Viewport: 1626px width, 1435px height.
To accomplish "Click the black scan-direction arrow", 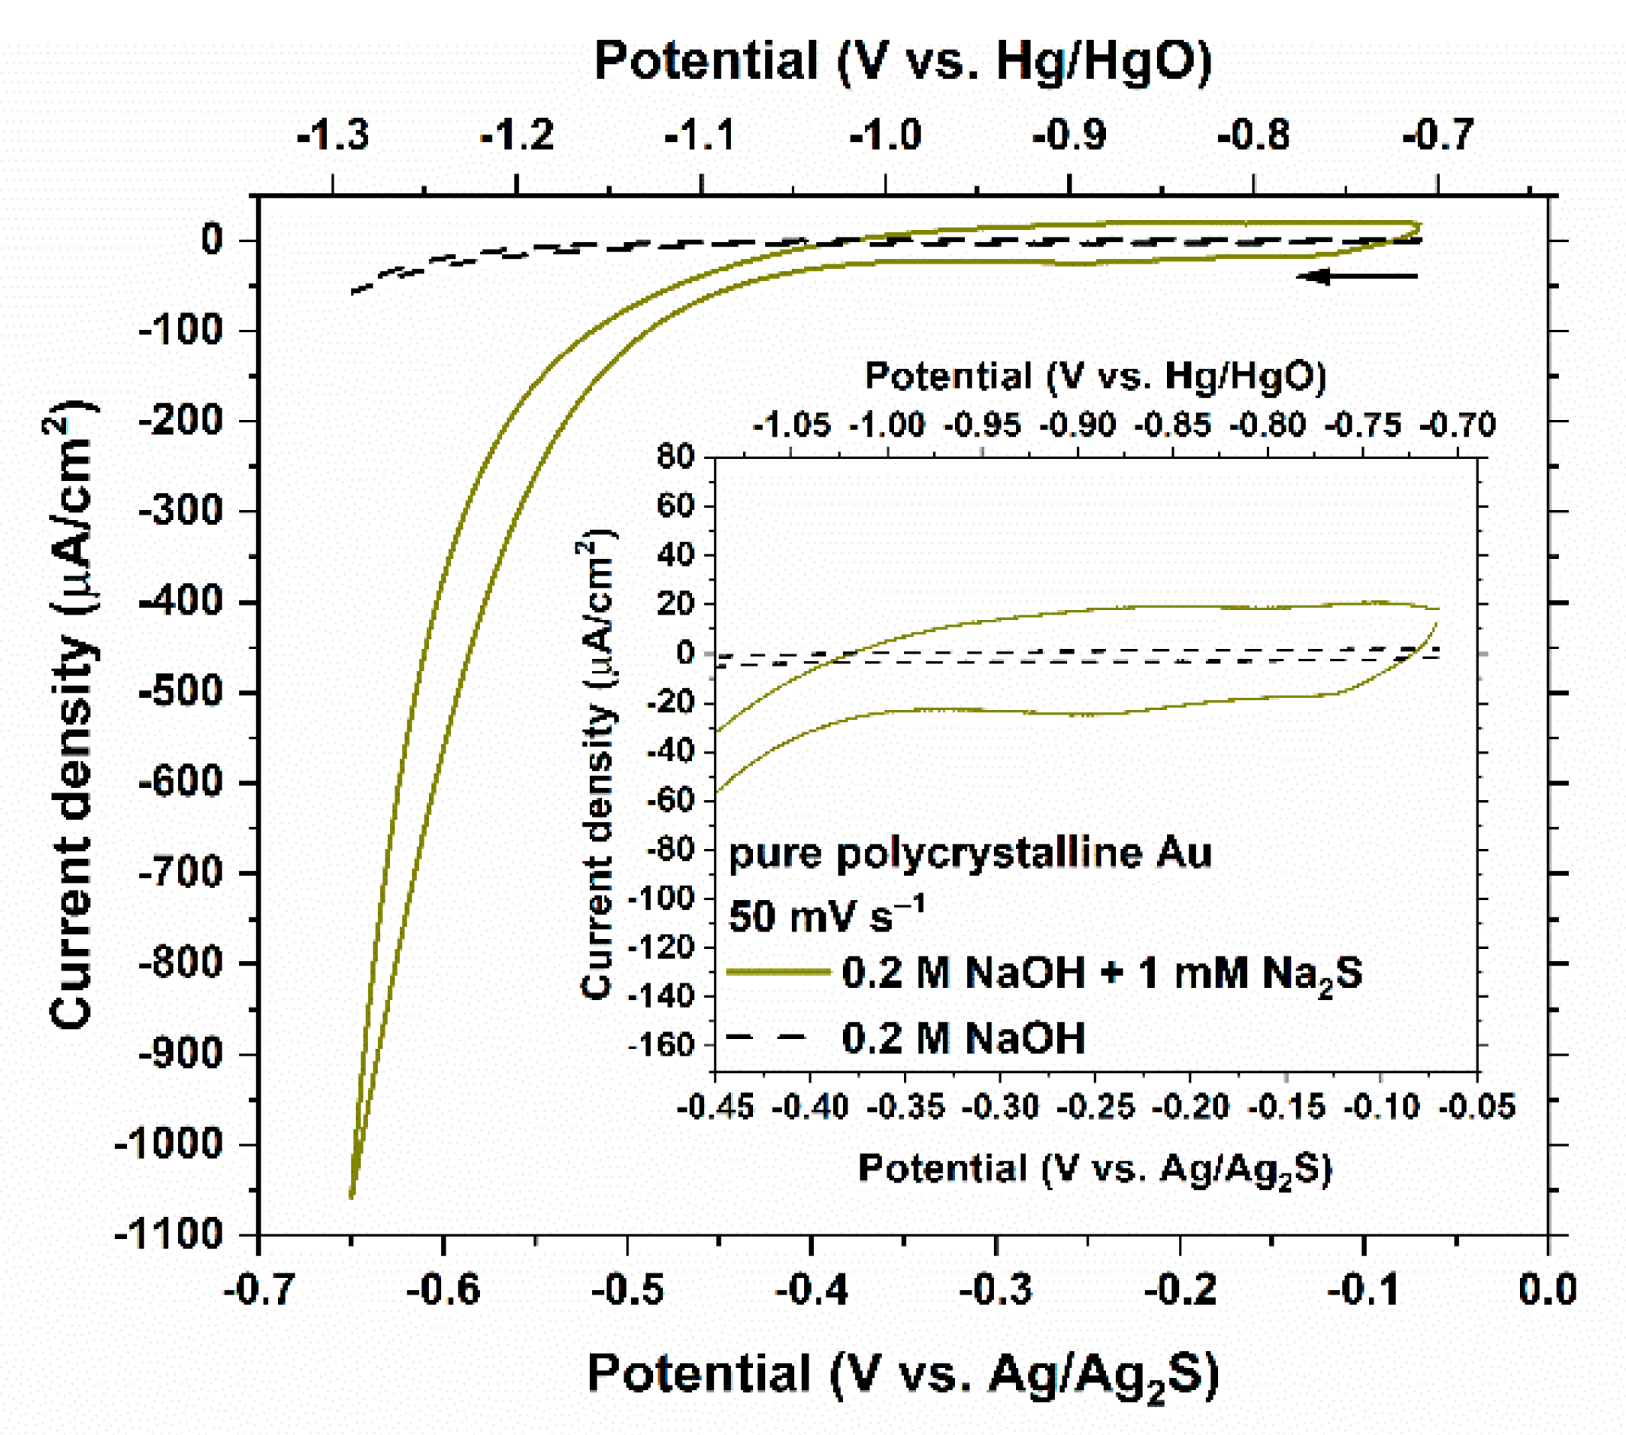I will click(x=1357, y=276).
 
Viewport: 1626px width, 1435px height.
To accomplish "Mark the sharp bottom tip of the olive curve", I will click(x=352, y=1195).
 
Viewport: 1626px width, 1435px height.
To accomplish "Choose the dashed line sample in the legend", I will click(x=767, y=1038).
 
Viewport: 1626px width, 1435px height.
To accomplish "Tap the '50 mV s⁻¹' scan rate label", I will click(x=827, y=915).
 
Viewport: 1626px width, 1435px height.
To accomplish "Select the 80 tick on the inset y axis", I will click(x=676, y=458).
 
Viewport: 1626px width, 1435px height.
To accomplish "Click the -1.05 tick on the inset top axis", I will click(x=791, y=425).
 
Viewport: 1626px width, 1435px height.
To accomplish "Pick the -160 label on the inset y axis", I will click(x=662, y=1044).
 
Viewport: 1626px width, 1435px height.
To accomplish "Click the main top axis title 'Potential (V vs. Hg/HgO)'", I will click(x=902, y=62).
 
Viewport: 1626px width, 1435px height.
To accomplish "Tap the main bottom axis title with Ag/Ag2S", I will click(x=902, y=1375).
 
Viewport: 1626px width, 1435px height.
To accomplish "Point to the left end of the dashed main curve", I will click(x=354, y=292).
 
